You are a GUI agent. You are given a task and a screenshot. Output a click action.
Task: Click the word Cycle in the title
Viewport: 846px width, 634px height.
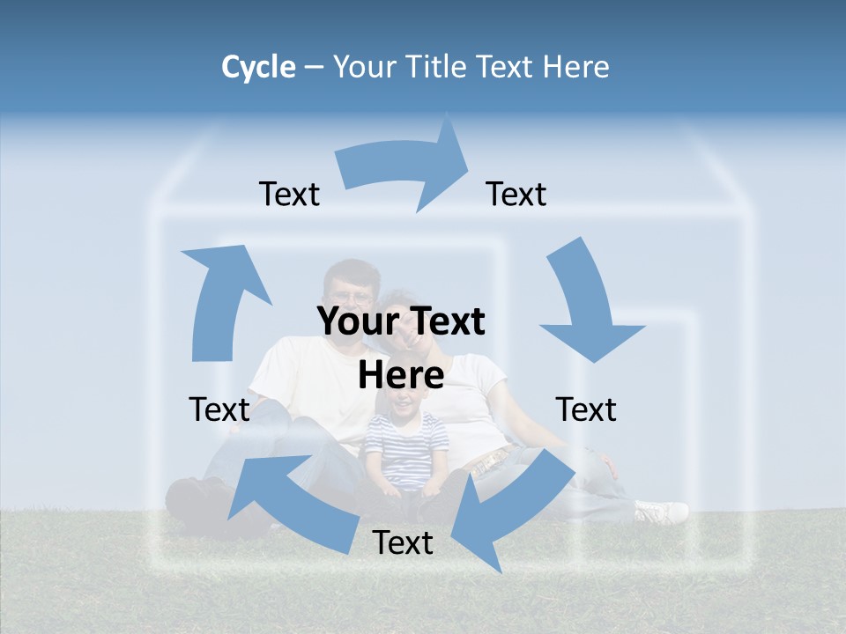click(x=258, y=67)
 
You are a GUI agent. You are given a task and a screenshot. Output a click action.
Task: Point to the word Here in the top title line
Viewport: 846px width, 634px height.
click(x=572, y=67)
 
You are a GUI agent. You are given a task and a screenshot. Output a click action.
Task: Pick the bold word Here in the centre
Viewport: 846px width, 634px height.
click(x=401, y=375)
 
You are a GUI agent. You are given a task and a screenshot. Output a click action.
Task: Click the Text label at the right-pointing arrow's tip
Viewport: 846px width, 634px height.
click(x=516, y=195)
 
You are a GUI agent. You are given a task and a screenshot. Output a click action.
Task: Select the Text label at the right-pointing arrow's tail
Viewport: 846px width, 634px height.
click(x=289, y=195)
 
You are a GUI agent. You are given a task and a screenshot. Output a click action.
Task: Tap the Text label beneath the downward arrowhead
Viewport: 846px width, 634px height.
click(x=586, y=409)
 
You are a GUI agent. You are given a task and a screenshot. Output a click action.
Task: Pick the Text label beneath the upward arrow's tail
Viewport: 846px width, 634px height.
click(x=219, y=409)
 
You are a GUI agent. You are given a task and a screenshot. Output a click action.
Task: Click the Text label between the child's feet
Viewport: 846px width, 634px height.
click(x=403, y=543)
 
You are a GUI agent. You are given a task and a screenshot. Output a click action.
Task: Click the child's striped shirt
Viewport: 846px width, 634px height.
click(x=405, y=449)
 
